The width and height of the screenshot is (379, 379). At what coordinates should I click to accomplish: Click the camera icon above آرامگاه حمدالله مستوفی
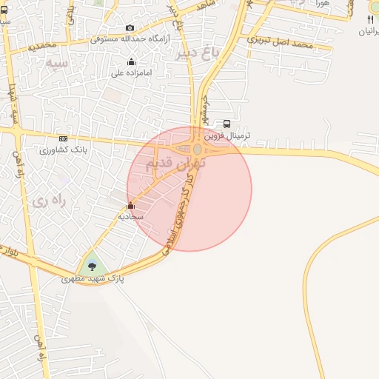[130, 27]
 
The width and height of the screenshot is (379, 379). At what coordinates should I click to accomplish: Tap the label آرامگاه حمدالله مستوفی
[130, 38]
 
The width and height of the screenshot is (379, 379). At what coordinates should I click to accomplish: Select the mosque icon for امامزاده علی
[132, 62]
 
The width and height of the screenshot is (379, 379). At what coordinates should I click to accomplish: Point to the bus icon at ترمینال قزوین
[227, 124]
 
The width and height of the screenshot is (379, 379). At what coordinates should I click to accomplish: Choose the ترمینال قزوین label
[229, 136]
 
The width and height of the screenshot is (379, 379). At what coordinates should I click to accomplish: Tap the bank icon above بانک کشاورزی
[64, 138]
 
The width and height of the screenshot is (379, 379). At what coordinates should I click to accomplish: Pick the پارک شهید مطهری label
[93, 279]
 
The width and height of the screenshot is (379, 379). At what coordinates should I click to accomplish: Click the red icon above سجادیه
[131, 206]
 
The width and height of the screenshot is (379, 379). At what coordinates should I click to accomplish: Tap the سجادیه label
[130, 216]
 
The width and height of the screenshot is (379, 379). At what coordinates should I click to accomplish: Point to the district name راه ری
[50, 200]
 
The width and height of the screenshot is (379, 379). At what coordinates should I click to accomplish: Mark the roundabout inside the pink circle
[197, 150]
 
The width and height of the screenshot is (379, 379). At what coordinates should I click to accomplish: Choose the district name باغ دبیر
[201, 52]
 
